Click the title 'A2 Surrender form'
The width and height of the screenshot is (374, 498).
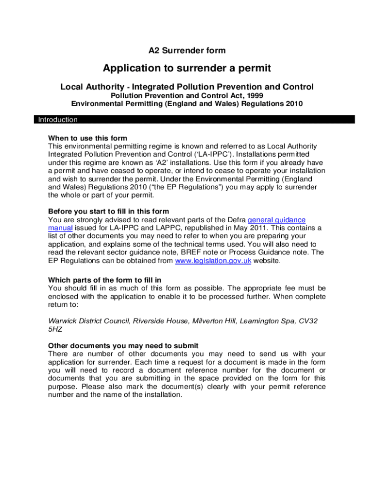tap(187, 50)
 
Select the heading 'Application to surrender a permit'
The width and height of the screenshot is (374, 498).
tap(187, 68)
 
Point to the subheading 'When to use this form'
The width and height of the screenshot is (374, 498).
tap(87, 138)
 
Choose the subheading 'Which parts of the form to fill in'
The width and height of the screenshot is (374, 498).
tap(104, 280)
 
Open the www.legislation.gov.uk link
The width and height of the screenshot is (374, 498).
tap(213, 261)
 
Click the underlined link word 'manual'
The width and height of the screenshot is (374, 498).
tap(60, 228)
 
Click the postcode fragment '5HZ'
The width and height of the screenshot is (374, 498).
tap(55, 329)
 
